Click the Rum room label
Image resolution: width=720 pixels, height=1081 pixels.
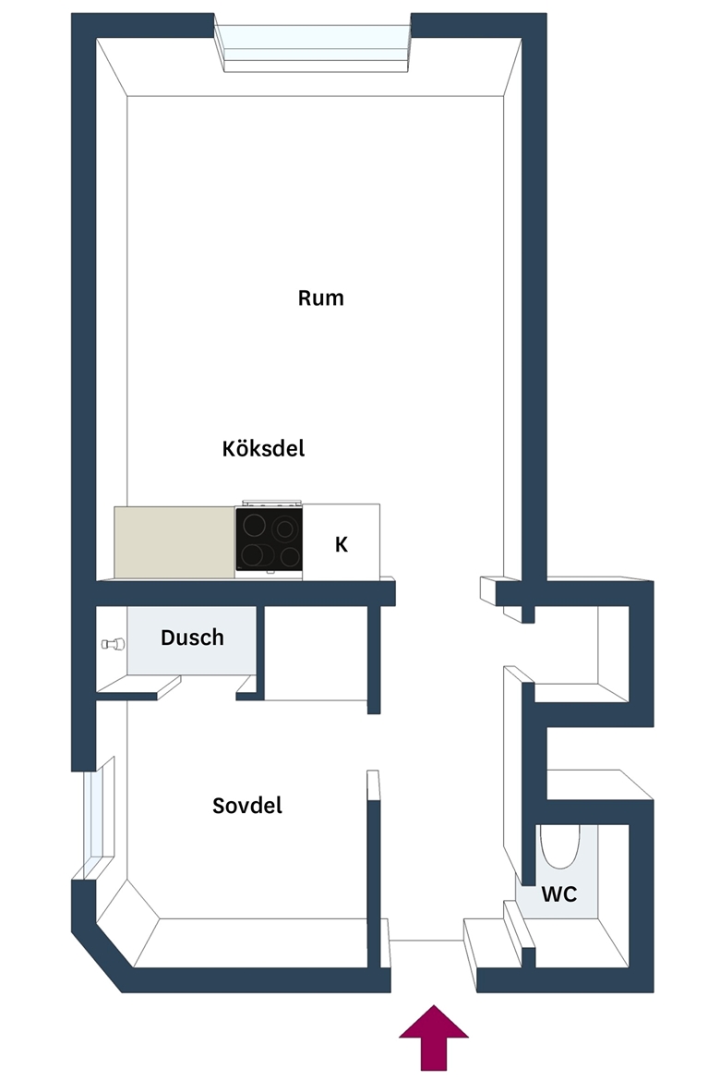(320, 298)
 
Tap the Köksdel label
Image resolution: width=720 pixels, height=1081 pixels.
(263, 449)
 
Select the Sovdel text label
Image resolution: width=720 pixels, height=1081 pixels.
(246, 806)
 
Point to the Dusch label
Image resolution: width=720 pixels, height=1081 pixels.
(192, 638)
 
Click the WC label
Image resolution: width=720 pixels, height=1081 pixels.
(558, 894)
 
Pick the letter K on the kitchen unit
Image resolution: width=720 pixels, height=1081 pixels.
(341, 544)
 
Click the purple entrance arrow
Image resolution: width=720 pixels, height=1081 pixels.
(434, 1038)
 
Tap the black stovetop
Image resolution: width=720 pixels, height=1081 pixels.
(269, 540)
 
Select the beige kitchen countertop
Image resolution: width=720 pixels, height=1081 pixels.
(174, 542)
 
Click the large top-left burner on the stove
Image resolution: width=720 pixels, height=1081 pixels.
(257, 526)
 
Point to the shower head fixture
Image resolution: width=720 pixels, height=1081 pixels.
(113, 644)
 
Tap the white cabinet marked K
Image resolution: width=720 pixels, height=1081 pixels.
(341, 541)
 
